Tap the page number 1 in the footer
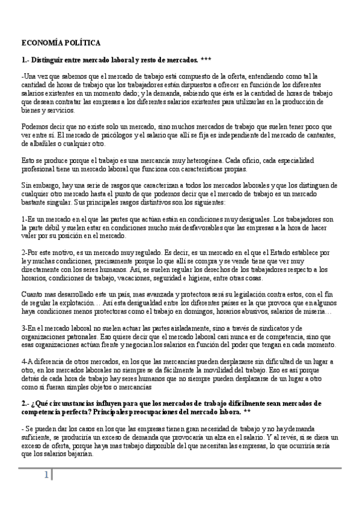coord(45,475)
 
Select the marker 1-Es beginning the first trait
coord(28,220)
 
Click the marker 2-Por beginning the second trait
coord(29,253)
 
